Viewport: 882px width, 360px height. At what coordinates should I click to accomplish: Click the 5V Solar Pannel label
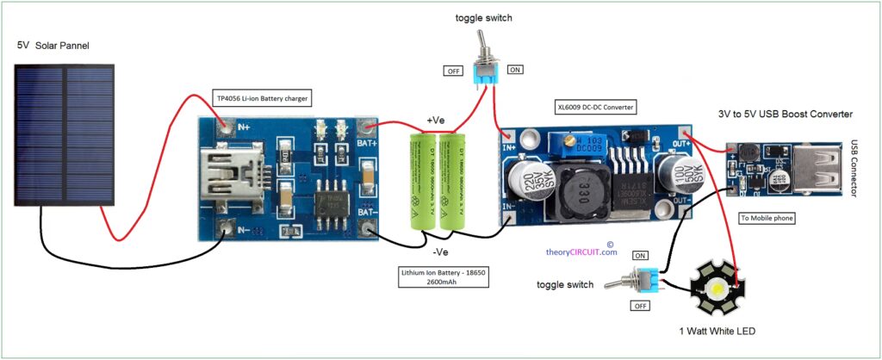pyautogui.click(x=53, y=45)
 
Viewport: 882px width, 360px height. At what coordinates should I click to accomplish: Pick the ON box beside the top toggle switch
pyautogui.click(x=514, y=70)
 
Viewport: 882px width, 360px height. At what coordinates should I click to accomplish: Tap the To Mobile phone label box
pyautogui.click(x=768, y=219)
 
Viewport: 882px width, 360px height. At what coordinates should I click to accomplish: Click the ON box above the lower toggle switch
pyautogui.click(x=641, y=256)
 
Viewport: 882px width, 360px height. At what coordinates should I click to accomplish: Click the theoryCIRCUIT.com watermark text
pyautogui.click(x=582, y=252)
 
